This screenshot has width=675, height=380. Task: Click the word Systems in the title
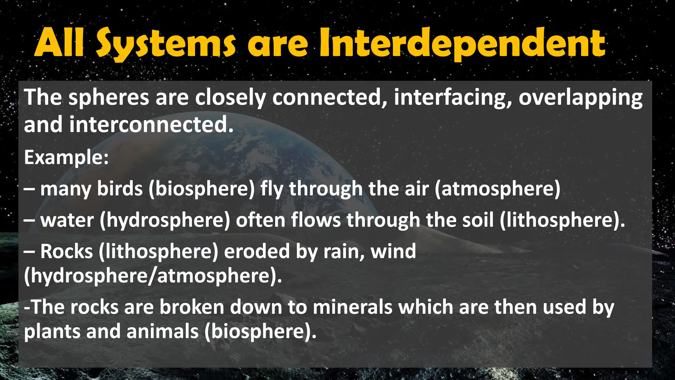166,44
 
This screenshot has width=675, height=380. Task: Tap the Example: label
66,158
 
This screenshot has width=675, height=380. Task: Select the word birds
120,189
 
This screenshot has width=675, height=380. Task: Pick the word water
67,220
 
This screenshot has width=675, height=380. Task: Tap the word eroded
257,252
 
